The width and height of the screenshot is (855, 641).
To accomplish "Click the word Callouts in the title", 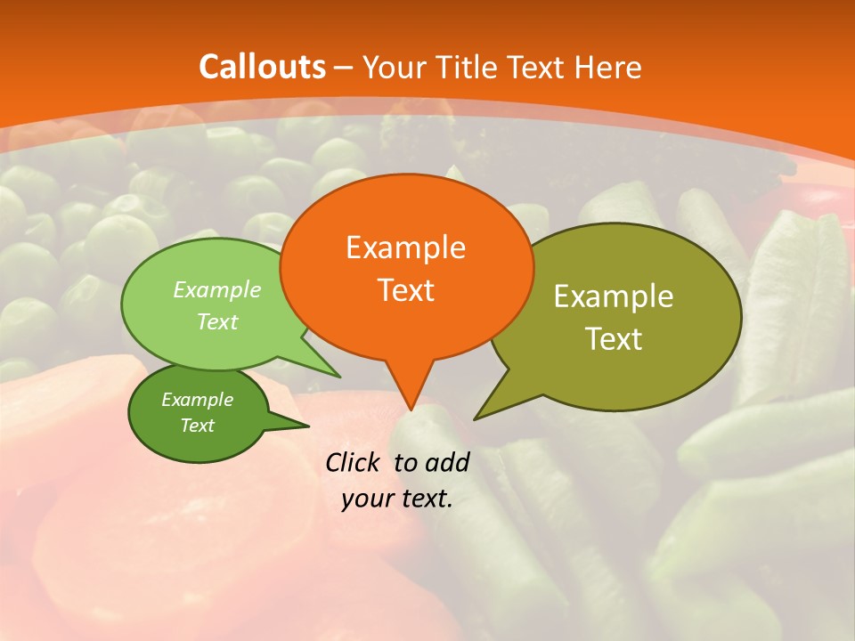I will click(262, 67).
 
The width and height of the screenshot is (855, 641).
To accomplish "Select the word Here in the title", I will click(608, 67).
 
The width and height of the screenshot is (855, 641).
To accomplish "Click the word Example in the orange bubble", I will click(405, 247).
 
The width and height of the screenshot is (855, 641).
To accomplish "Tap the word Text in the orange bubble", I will click(405, 290).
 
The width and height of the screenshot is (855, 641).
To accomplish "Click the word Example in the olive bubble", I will click(614, 296).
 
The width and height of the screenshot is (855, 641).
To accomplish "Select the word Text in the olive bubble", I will click(614, 339).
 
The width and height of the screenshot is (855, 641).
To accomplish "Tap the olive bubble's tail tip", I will click(475, 418).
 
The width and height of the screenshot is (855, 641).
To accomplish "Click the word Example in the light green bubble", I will click(217, 289).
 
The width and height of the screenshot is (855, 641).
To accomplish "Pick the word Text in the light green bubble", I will click(217, 321).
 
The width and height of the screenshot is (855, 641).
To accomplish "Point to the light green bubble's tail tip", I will click(339, 377).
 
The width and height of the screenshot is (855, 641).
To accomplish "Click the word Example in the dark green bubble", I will click(197, 400).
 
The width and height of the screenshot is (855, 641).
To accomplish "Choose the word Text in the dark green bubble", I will click(197, 426).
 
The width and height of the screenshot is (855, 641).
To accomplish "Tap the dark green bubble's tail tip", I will click(308, 426).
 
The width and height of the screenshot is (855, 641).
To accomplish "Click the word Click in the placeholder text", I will click(355, 462).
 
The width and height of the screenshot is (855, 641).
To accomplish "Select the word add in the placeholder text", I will click(447, 462).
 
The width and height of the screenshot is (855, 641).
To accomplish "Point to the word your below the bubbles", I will click(367, 499).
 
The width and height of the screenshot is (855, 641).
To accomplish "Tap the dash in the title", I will click(344, 68).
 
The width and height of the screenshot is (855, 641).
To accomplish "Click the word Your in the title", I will click(393, 67).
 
